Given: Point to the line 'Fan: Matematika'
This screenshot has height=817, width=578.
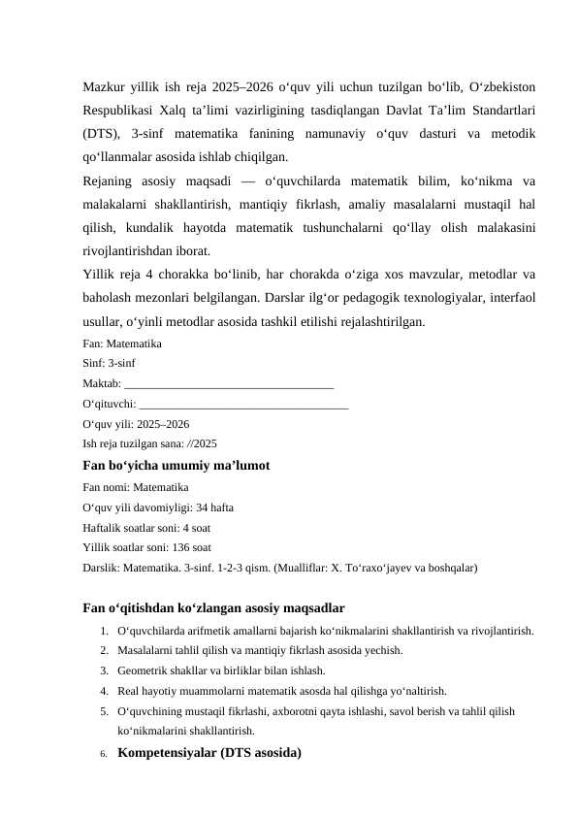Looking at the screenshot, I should click(x=122, y=343).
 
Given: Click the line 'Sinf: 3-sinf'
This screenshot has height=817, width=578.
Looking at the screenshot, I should click(x=110, y=364).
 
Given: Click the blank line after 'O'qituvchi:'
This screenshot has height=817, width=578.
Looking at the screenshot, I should click(x=243, y=405).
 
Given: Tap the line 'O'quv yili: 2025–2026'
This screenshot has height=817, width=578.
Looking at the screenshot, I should click(x=137, y=425).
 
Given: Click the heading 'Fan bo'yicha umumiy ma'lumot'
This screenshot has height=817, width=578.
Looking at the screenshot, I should click(x=177, y=466).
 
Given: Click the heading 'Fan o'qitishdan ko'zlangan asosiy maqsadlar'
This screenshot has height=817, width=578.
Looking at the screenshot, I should click(x=214, y=608).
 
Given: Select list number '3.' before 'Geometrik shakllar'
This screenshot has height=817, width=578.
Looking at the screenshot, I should click(x=103, y=670).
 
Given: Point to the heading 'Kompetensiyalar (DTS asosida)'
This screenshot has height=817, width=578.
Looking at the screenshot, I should click(x=209, y=752).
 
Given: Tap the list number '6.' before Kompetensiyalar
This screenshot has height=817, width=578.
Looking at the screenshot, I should click(x=102, y=753).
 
